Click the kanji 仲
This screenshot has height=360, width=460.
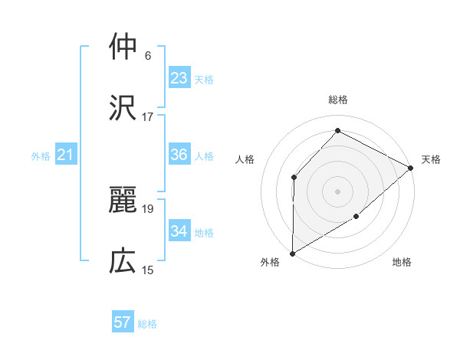(123, 47)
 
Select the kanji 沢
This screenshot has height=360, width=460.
(123, 108)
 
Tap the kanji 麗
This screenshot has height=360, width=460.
(123, 200)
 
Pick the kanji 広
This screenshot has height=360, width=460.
(123, 261)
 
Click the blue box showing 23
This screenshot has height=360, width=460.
(179, 78)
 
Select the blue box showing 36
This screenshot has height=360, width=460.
(179, 155)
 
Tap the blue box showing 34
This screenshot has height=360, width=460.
(179, 231)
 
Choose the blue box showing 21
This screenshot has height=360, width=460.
(66, 155)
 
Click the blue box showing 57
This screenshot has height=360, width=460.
(123, 322)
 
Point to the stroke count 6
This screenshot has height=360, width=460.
(148, 56)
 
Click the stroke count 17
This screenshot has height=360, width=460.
(148, 117)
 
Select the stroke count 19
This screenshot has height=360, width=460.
(148, 209)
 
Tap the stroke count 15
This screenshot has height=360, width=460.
(148, 270)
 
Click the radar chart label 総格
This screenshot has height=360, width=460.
(338, 100)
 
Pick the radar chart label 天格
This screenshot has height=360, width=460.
(431, 159)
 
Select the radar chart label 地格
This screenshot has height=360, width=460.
(402, 262)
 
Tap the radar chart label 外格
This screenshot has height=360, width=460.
(270, 262)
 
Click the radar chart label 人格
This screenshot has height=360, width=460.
(245, 159)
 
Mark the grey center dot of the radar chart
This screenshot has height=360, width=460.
(338, 191)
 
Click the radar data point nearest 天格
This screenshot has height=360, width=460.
(410, 168)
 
